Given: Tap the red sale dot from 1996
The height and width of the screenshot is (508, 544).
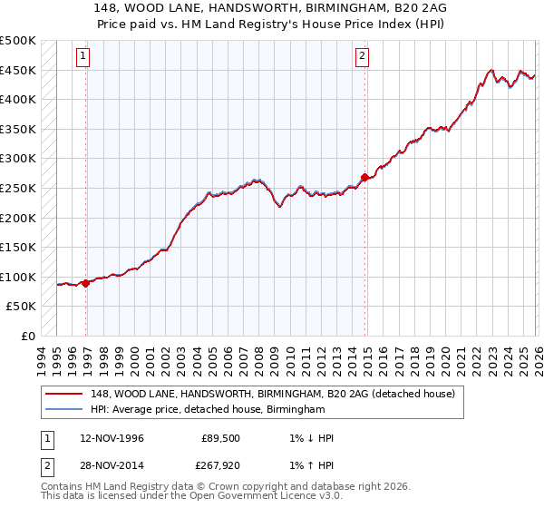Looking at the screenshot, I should click(x=86, y=283).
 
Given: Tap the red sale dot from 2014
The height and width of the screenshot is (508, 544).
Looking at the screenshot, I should click(x=364, y=177).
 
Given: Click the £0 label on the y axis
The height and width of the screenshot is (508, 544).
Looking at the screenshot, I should click(x=27, y=336).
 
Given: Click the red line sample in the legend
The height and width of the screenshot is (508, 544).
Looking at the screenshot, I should click(x=66, y=393).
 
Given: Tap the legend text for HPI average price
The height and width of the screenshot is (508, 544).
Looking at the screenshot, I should click(x=208, y=410).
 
